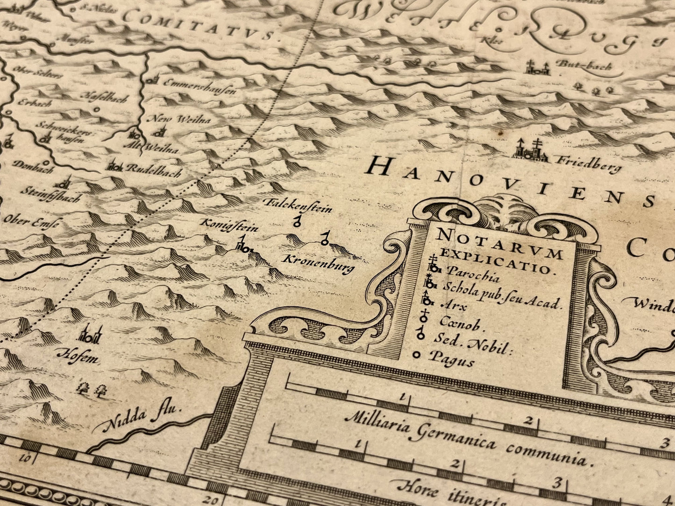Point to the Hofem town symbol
[x=90, y=335]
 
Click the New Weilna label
[x=179, y=119]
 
